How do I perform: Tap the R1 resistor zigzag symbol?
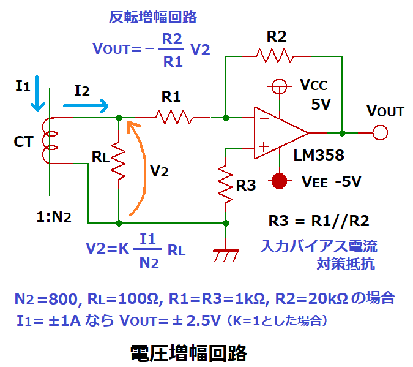175,116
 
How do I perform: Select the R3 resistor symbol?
226,184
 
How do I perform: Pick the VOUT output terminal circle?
381,132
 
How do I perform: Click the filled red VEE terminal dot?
280,181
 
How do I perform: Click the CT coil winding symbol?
48,142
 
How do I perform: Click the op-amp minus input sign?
264,118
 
